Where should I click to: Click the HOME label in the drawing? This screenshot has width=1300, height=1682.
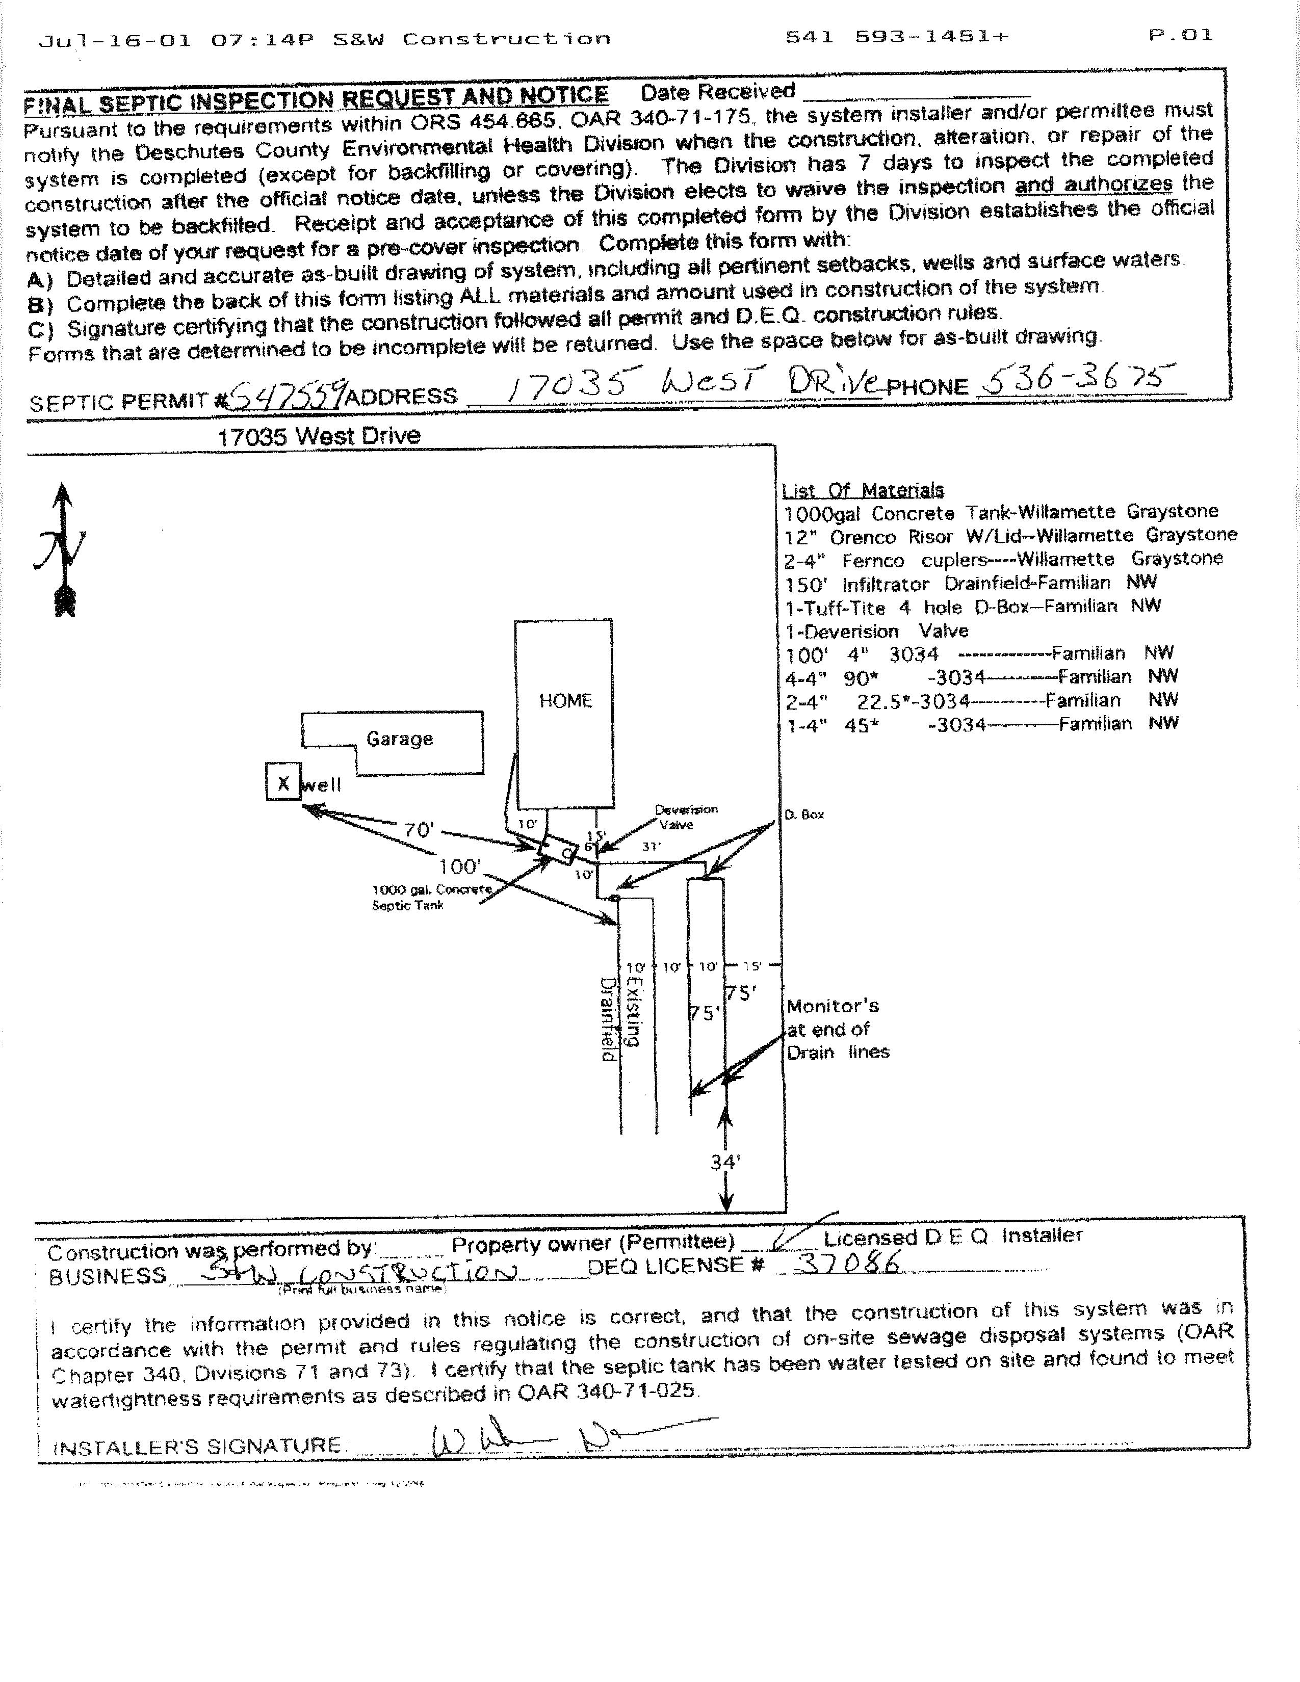click(565, 701)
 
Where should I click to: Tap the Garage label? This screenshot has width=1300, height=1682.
click(399, 739)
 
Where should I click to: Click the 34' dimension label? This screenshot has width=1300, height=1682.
click(725, 1162)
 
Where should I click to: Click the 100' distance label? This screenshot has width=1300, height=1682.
click(460, 866)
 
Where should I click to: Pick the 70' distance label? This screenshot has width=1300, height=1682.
click(419, 829)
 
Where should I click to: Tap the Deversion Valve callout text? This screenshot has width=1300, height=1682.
click(685, 817)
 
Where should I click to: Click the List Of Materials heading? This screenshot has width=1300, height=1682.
click(863, 490)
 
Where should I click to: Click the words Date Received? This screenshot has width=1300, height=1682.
click(718, 92)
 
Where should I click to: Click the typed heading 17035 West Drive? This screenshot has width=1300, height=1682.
click(319, 436)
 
